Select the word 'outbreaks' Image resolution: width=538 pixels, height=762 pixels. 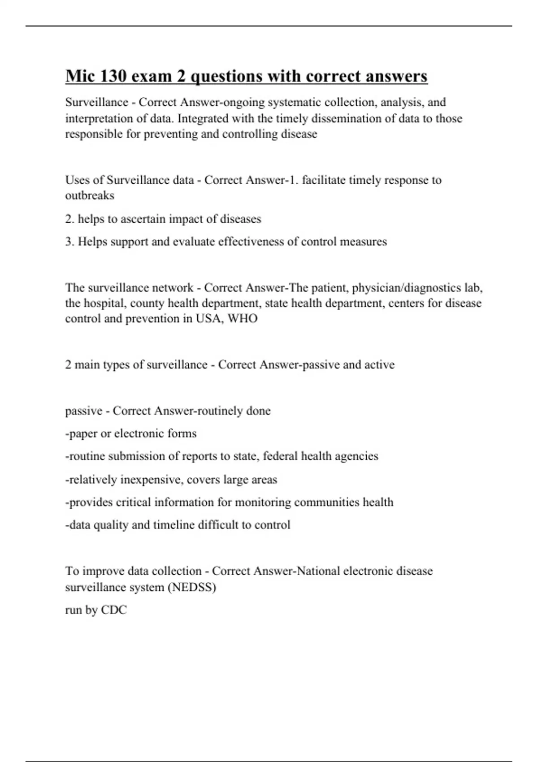click(x=90, y=195)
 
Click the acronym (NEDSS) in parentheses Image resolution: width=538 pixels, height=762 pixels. click(x=192, y=587)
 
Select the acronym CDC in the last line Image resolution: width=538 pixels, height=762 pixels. click(x=114, y=610)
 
